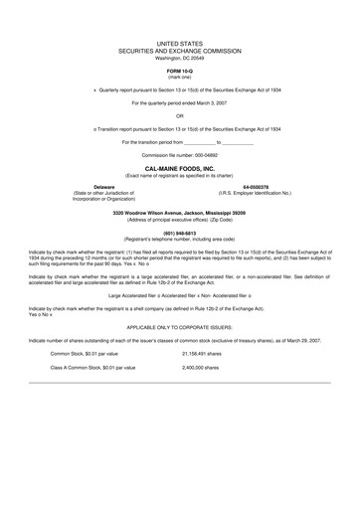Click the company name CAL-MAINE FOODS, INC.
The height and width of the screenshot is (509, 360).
(180, 171)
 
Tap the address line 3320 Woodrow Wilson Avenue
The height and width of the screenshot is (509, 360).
(180, 213)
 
